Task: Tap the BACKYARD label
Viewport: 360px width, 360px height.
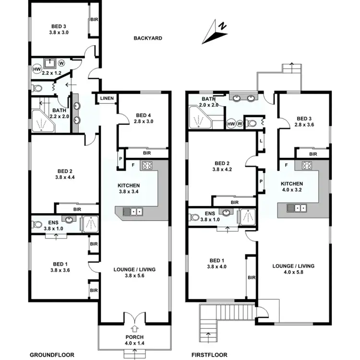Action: (148, 38)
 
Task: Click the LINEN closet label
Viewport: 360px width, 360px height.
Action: (107, 99)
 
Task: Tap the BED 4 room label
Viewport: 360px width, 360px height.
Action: (144, 115)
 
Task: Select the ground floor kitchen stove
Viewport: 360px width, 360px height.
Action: (146, 166)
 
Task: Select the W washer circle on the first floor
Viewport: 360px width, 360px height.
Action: (239, 123)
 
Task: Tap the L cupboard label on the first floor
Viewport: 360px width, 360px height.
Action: (260, 141)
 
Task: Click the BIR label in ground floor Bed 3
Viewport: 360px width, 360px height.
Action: (94, 20)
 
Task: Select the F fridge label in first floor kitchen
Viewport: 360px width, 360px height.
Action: (286, 165)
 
